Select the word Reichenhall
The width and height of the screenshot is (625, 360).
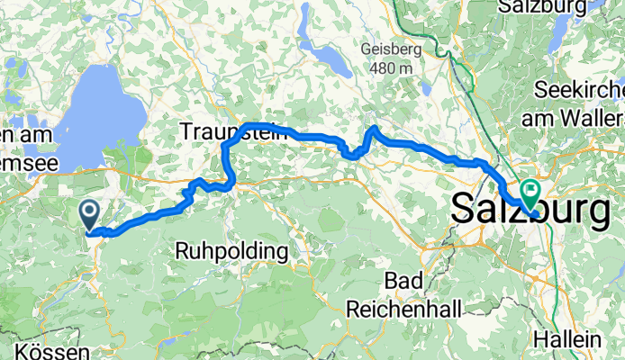[403, 309]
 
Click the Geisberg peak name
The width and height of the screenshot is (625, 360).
[390, 50]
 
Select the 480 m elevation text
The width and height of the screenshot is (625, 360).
[390, 67]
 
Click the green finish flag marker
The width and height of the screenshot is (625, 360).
[529, 192]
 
